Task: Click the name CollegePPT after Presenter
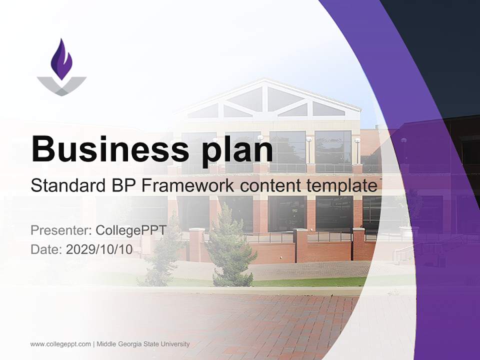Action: tap(131, 230)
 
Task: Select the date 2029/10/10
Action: tap(99, 249)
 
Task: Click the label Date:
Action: tap(46, 249)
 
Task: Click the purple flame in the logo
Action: tap(61, 60)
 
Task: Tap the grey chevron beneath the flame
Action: tap(61, 86)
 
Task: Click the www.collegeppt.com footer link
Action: tap(60, 344)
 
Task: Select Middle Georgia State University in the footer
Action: tap(143, 344)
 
